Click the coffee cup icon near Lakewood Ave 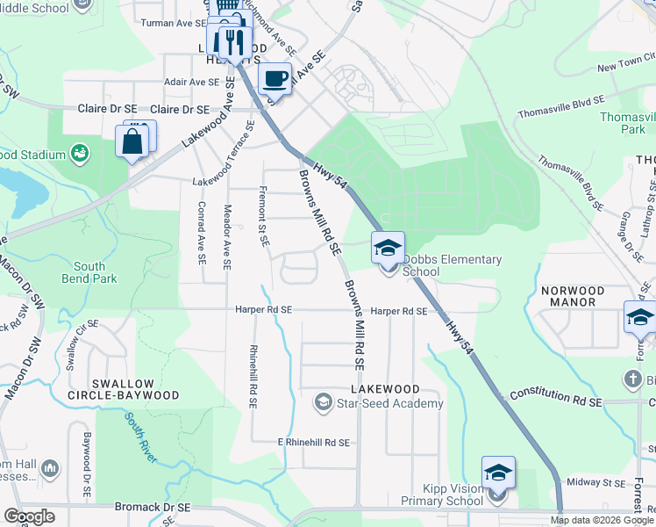point(275,78)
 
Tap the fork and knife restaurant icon point(232,41)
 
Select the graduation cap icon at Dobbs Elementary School point(388,248)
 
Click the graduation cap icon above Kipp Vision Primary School point(498,473)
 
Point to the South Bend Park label point(89,272)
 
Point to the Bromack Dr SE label point(153,508)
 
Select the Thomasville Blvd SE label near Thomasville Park point(560,106)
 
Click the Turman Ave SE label point(168,23)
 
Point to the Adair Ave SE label point(191,82)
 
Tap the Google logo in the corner point(30,516)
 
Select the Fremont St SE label point(262,216)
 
